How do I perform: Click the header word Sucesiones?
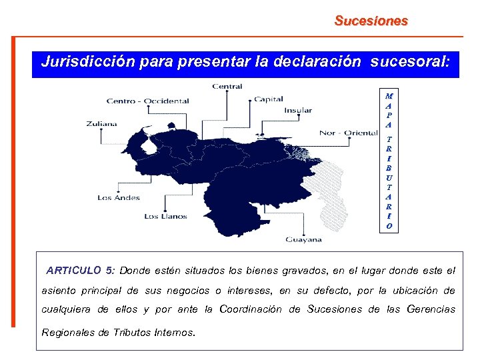click(371, 21)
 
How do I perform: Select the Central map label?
click(227, 86)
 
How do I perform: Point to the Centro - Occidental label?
click(148, 101)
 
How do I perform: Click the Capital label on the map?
click(268, 99)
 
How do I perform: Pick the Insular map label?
click(298, 111)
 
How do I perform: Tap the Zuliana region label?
click(101, 123)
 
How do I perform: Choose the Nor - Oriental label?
click(349, 133)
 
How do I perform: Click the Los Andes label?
click(119, 198)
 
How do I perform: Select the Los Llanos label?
click(165, 216)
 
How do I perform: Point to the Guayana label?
click(304, 239)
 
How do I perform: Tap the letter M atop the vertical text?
click(389, 96)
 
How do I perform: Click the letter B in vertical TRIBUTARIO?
click(389, 168)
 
